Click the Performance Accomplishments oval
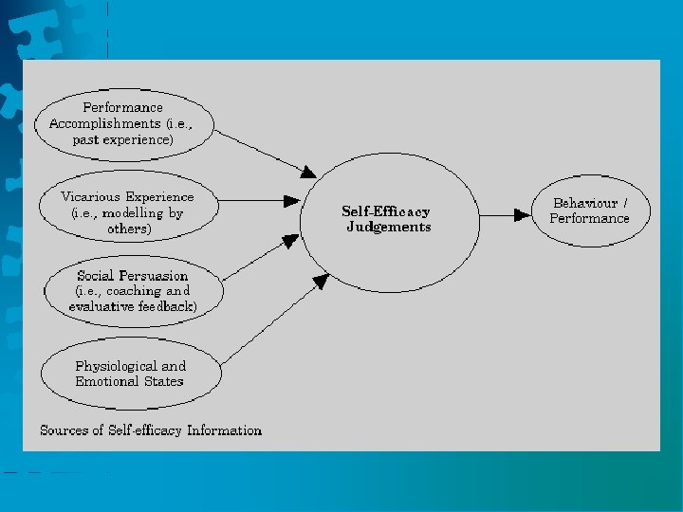pos(124,123)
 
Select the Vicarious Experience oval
pos(128,212)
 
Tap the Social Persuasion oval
pos(133,291)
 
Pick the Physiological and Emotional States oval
pos(131,374)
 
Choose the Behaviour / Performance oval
pos(590,210)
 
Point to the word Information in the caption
pos(224,430)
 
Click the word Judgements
pos(389,228)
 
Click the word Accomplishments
pos(104,123)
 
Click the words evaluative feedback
pos(133,306)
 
